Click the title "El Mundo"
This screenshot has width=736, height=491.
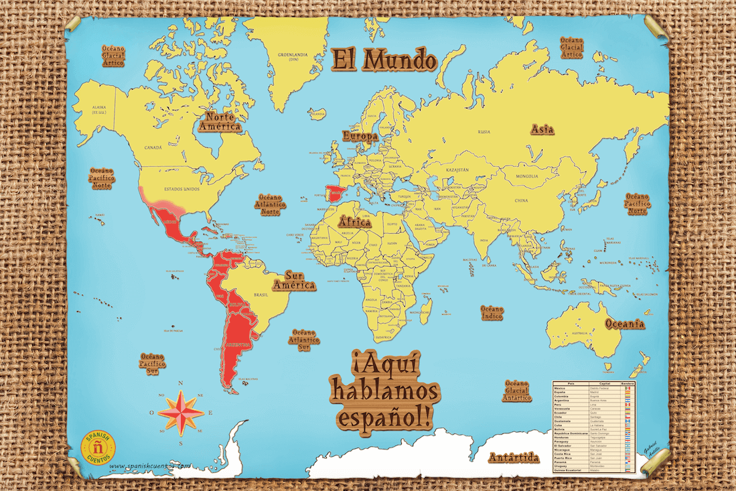coord(383,60)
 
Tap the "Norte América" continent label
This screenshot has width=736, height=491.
coord(224,121)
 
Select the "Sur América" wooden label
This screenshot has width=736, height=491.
coord(299,280)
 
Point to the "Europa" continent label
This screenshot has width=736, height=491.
coord(360,135)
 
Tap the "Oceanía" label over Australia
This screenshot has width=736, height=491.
coord(625,324)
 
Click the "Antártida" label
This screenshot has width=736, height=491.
coord(512,458)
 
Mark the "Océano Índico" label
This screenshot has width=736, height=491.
coord(492,312)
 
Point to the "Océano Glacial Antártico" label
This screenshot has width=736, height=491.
coord(518,389)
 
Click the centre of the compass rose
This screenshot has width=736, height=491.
coord(181,412)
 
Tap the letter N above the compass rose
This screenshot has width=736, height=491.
coord(181,384)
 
